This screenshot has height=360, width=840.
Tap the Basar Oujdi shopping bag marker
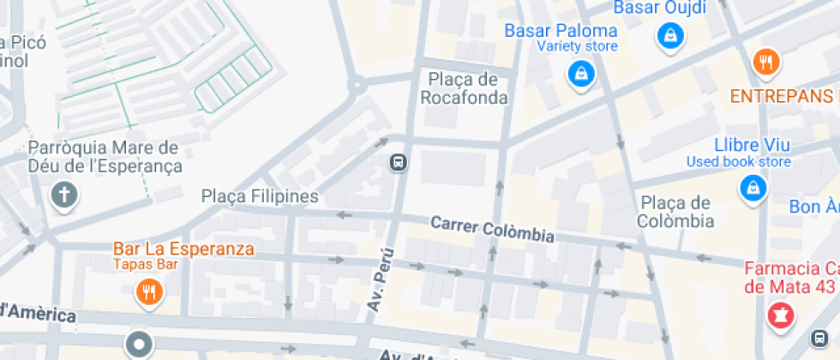670,35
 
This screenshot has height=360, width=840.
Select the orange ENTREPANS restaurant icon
765,62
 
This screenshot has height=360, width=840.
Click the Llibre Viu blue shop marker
753,188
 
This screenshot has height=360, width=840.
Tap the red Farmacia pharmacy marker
781,314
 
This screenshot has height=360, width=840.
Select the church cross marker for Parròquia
63,196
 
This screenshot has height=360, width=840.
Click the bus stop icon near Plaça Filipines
399,162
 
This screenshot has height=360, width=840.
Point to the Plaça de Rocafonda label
464,88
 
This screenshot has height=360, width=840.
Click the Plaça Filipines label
260,196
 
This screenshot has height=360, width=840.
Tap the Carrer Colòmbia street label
492,229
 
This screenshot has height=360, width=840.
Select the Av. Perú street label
379,280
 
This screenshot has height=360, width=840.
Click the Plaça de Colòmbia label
677,212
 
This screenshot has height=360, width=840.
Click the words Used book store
738,161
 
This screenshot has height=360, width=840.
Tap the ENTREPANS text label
781,95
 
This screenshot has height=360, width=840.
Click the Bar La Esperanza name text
183,249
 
